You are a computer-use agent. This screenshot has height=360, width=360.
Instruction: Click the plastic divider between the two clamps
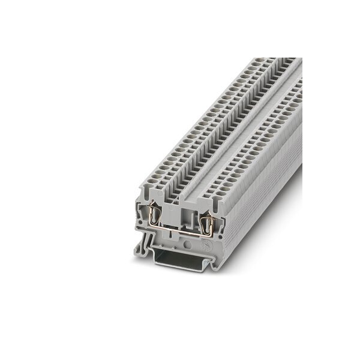pyautogui.click(x=181, y=216)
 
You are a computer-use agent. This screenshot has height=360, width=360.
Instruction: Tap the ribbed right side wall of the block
pyautogui.click(x=264, y=198)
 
